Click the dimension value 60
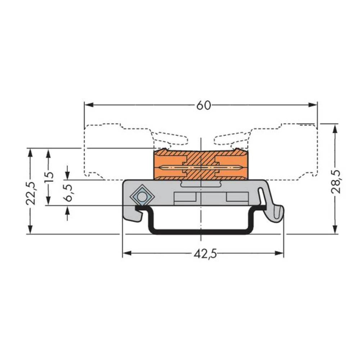point(203,105)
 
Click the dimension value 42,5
point(205,254)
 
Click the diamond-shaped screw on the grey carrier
point(142,197)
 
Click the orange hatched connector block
point(201,165)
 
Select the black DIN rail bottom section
point(201,231)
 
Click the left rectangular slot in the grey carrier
point(185,197)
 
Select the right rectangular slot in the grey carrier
point(237,197)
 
